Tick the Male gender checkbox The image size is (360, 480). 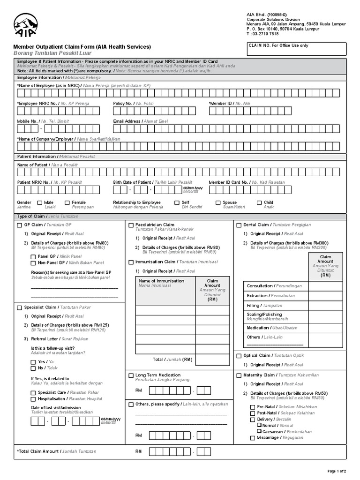(x=40, y=203)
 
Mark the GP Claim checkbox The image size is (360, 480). (x=20, y=225)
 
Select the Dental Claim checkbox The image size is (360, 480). (x=239, y=225)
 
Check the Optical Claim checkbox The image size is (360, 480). (x=239, y=356)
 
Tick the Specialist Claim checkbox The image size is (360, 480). (x=20, y=307)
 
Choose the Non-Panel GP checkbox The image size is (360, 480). (x=33, y=263)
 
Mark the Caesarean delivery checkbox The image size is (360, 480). (x=259, y=431)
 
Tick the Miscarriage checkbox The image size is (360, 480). (x=253, y=438)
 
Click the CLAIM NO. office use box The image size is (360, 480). (x=296, y=49)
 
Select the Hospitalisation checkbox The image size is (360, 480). (x=33, y=399)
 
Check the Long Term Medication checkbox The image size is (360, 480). (x=131, y=375)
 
